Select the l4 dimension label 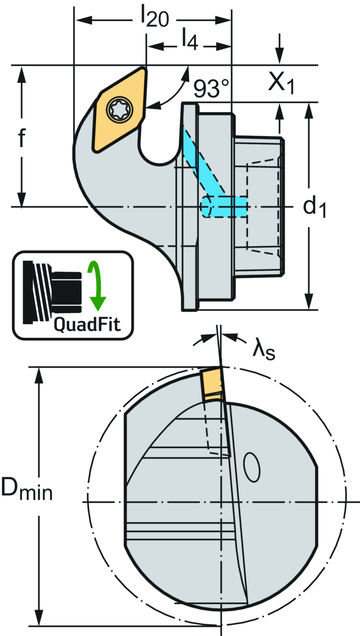(189, 39)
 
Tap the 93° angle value (211, 88)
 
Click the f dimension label (22, 138)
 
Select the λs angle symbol (264, 350)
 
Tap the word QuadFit (87, 324)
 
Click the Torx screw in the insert (120, 109)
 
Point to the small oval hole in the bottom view (252, 467)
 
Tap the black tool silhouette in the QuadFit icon (53, 292)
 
